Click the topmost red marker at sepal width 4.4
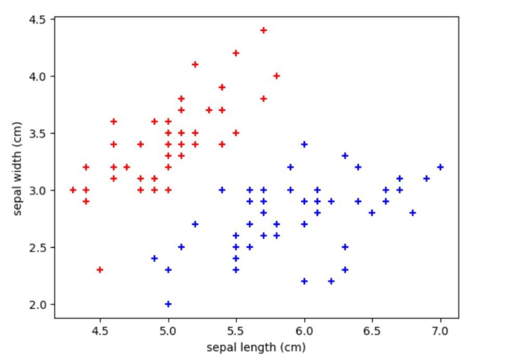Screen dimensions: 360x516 pyautogui.click(x=264, y=30)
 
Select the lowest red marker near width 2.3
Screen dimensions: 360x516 pyautogui.click(x=100, y=269)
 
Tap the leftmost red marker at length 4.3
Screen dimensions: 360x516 pyautogui.click(x=73, y=190)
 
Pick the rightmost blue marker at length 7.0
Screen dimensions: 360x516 pyautogui.click(x=441, y=167)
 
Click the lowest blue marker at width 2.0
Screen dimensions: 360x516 pyautogui.click(x=168, y=304)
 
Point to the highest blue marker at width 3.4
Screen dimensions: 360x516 pyautogui.click(x=304, y=144)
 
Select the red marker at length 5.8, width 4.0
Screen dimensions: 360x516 pyautogui.click(x=277, y=76)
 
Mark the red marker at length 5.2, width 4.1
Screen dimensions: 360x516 pyautogui.click(x=195, y=65)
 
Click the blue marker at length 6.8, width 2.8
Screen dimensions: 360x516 pyautogui.click(x=413, y=213)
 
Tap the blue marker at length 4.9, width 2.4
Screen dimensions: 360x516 pyautogui.click(x=154, y=258)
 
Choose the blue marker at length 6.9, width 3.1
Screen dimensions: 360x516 pyautogui.click(x=427, y=178)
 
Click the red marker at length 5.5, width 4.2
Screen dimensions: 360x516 pyautogui.click(x=236, y=53)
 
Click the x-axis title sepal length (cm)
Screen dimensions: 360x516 pyautogui.click(x=256, y=347)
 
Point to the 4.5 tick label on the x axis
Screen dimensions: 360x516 pyautogui.click(x=100, y=330)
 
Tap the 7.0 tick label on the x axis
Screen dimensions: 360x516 pyautogui.click(x=441, y=330)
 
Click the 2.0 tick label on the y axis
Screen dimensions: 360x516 pyautogui.click(x=40, y=304)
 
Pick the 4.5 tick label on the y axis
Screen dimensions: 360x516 pyautogui.click(x=40, y=20)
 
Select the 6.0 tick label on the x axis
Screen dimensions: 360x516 pyautogui.click(x=304, y=330)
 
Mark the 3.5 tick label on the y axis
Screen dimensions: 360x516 pyautogui.click(x=40, y=133)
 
